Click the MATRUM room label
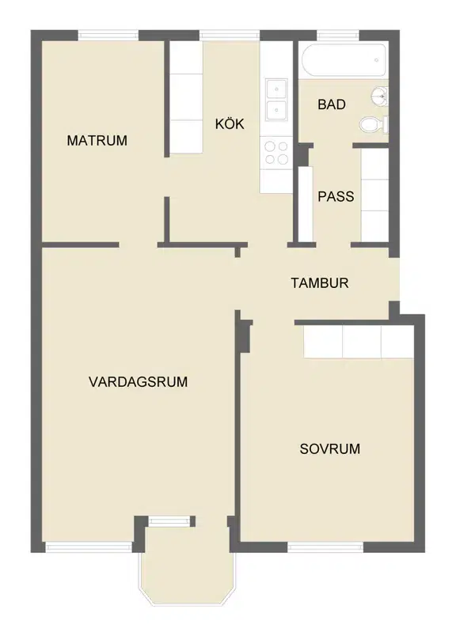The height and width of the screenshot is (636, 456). (97, 141)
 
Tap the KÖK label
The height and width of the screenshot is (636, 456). (230, 123)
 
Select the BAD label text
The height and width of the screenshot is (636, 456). (332, 104)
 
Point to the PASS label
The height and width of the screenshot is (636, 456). (336, 197)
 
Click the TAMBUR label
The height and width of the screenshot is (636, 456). (320, 283)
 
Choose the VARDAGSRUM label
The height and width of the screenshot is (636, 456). (138, 382)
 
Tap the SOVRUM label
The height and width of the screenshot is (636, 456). (329, 449)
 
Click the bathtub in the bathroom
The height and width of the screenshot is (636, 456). (344, 60)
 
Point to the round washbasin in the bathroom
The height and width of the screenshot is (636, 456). (379, 97)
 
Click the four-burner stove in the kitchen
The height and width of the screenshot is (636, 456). (276, 153)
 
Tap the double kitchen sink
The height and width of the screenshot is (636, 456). (276, 100)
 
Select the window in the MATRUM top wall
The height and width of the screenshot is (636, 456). (108, 36)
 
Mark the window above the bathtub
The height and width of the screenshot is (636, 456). (338, 36)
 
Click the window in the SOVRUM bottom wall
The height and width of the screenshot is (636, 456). (325, 547)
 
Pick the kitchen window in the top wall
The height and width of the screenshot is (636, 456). (229, 36)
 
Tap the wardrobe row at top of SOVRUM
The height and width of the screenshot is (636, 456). (359, 342)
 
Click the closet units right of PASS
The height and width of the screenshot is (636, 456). (374, 195)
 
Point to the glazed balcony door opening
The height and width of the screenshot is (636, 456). (169, 521)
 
